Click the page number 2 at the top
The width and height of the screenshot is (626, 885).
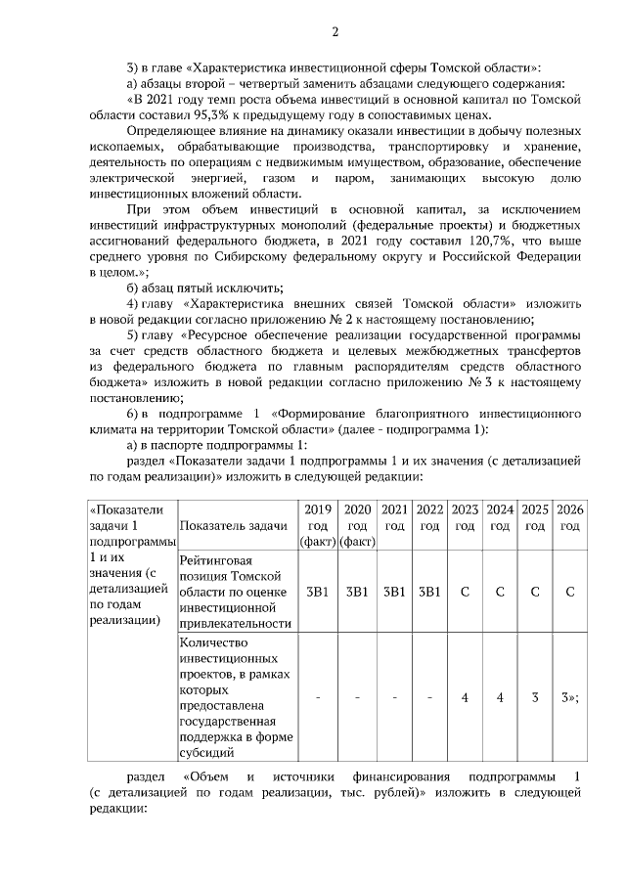coord(334,32)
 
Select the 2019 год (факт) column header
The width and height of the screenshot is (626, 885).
coord(318,526)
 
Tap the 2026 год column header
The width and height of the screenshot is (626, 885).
coord(569,518)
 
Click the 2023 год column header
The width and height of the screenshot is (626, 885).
coord(465,518)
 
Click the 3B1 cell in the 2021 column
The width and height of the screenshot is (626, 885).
coord(393,592)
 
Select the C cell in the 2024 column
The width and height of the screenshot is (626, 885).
coord(500,592)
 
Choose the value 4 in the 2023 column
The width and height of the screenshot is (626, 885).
coord(465,697)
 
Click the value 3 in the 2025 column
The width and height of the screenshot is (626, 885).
coord(535,697)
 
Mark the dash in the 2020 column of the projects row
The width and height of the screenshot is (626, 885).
coord(357,697)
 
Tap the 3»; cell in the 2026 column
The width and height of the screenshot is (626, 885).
coord(569,697)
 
